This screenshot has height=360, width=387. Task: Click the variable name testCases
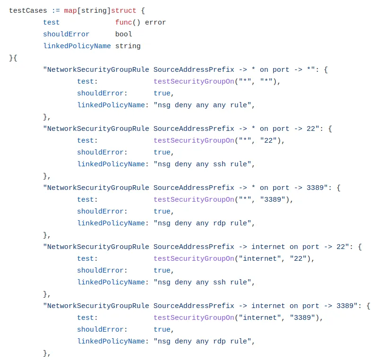[x=28, y=10]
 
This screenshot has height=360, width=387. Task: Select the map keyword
[x=70, y=10]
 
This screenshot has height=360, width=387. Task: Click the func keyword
[x=123, y=22]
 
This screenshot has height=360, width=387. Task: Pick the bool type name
[x=124, y=34]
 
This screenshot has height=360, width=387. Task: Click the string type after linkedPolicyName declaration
[x=128, y=46]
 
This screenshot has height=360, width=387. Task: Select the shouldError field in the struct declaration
[x=66, y=34]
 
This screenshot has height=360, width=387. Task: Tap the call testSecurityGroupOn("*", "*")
[x=217, y=81]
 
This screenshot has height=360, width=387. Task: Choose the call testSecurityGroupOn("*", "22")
[x=219, y=140]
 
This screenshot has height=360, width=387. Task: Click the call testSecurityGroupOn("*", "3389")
[x=223, y=199]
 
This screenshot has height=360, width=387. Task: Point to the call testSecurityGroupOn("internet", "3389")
[x=238, y=317]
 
